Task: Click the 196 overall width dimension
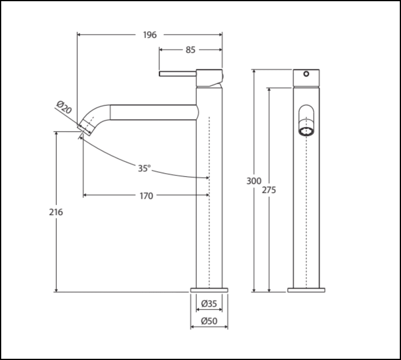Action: pyautogui.click(x=150, y=35)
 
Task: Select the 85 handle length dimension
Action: pyautogui.click(x=190, y=50)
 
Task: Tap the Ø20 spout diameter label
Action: pyautogui.click(x=64, y=107)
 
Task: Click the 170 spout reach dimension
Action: pyautogui.click(x=146, y=196)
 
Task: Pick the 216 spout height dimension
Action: pyautogui.click(x=56, y=212)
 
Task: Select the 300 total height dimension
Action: pyautogui.click(x=254, y=181)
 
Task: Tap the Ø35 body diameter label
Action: pyautogui.click(x=209, y=304)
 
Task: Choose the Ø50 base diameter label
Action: pyautogui.click(x=209, y=321)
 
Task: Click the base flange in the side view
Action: pyautogui.click(x=209, y=290)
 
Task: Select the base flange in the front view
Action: pyautogui.click(x=306, y=290)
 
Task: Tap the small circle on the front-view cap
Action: pyautogui.click(x=306, y=74)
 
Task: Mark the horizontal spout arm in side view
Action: pyautogui.click(x=152, y=112)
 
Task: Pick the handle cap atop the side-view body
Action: pyautogui.click(x=209, y=77)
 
